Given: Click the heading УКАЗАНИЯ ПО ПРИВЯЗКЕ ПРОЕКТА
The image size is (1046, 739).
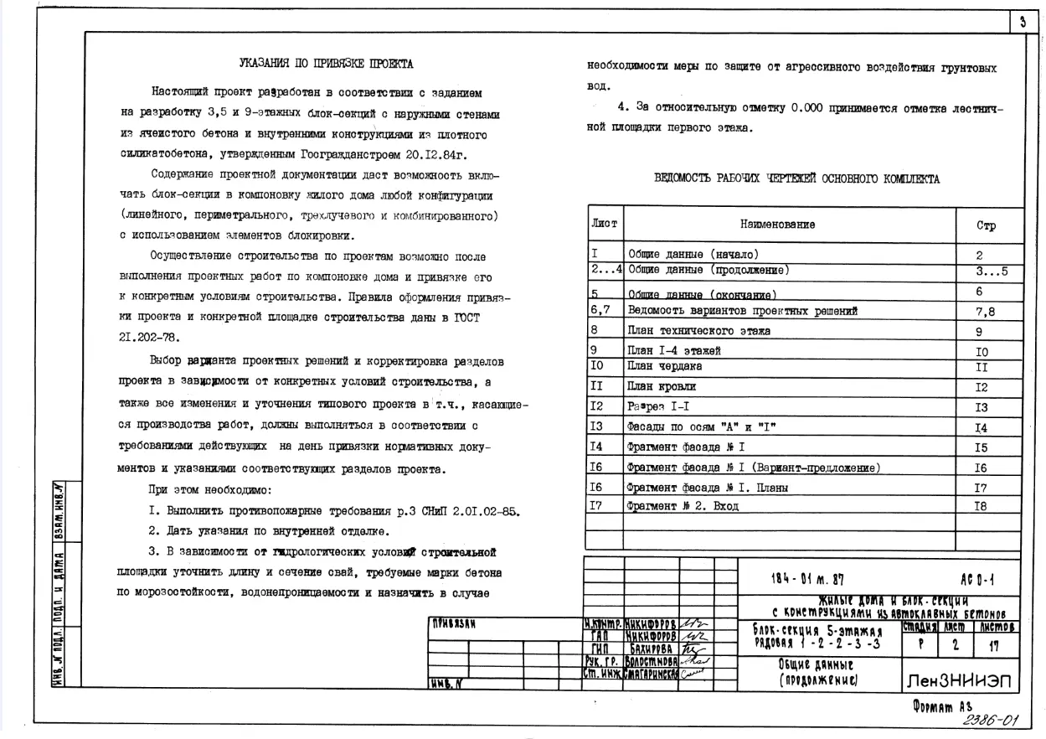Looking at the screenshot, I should pyautogui.click(x=326, y=64).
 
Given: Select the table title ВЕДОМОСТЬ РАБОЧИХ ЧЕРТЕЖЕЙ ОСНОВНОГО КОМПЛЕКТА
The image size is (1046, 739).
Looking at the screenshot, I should pyautogui.click(x=796, y=178).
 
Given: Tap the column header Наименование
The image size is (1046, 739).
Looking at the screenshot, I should pyautogui.click(x=777, y=225).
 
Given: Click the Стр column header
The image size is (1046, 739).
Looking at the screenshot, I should pyautogui.click(x=986, y=226).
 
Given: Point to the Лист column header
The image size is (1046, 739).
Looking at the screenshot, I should pyautogui.click(x=605, y=224).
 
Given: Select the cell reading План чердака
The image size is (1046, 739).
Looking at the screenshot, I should pyautogui.click(x=665, y=366).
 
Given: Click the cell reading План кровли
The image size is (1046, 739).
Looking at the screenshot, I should pyautogui.click(x=662, y=387).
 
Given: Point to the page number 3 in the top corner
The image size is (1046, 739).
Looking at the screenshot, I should pyautogui.click(x=1022, y=23).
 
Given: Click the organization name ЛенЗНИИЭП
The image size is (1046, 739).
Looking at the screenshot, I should pyautogui.click(x=959, y=682).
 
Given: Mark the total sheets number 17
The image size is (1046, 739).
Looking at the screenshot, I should pyautogui.click(x=995, y=646).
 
